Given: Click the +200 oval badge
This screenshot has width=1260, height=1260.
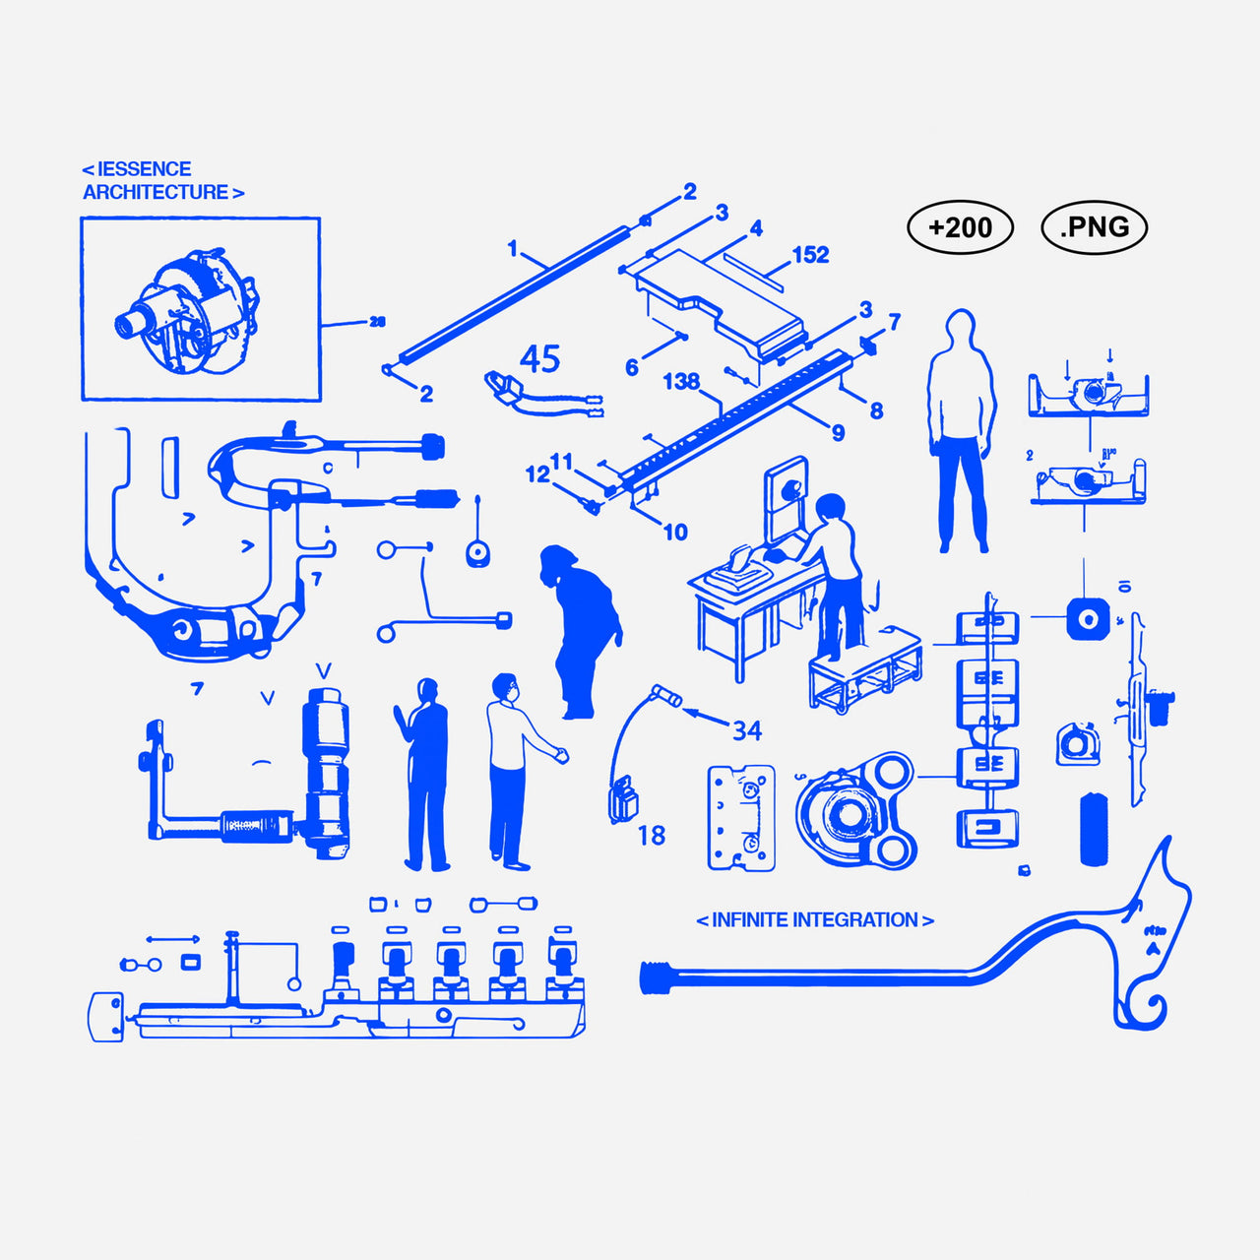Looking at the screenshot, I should tap(960, 227).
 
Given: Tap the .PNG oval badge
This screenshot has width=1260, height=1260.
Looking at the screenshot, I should tap(1094, 227).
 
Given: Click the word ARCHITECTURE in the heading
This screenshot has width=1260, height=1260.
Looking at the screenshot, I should tap(156, 193).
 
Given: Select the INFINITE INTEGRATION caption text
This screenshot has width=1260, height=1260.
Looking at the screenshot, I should tap(814, 920).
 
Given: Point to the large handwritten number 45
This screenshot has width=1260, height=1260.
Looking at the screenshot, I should tap(539, 359).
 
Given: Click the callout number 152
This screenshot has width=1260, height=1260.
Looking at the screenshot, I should tap(810, 255).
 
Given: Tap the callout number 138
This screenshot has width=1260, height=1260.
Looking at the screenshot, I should tap(681, 381).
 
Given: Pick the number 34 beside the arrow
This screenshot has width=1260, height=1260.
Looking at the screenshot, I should tap(747, 730).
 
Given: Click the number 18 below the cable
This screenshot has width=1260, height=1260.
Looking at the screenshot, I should tap(652, 836).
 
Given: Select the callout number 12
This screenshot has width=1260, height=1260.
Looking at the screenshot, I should tap(537, 474).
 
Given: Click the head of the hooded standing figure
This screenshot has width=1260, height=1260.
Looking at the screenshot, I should tap(960, 330).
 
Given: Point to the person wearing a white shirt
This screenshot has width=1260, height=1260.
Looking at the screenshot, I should tap(510, 768).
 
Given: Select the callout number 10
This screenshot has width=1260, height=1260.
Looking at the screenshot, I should tap(675, 533).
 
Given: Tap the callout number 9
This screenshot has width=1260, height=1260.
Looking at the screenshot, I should tap(838, 432).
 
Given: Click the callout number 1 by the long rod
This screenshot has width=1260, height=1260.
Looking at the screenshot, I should tap(512, 248).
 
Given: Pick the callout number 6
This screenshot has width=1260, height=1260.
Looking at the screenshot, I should tap(632, 368).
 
